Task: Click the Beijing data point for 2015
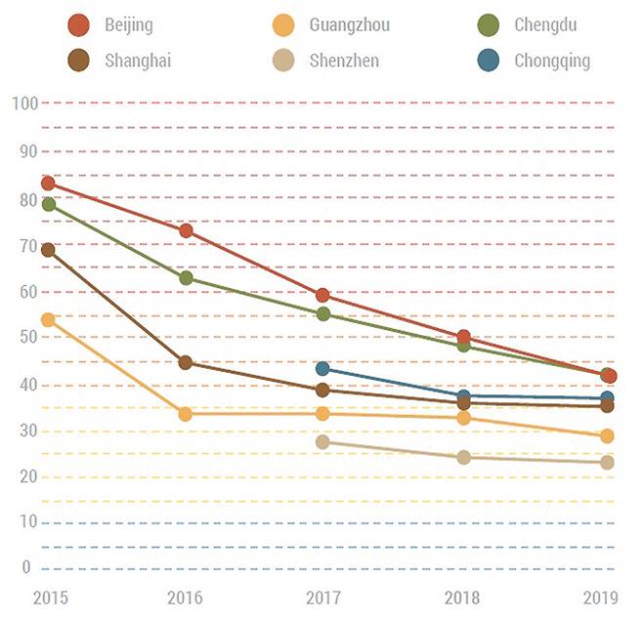[x=48, y=183]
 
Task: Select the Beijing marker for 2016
[x=186, y=230]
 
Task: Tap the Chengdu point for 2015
[x=48, y=204]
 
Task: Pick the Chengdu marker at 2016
[x=186, y=277]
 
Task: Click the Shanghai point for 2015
[x=48, y=250]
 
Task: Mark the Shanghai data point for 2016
[x=186, y=362]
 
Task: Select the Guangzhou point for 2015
[x=48, y=319]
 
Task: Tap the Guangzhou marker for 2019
[x=607, y=435]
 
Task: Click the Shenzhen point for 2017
[x=323, y=441]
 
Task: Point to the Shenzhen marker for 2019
[x=607, y=462]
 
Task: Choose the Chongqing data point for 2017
[x=323, y=368]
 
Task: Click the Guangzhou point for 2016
[x=186, y=414]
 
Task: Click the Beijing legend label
[x=128, y=24]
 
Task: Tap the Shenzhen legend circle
[x=282, y=61]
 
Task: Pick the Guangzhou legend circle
[x=282, y=24]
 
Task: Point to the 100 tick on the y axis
[x=24, y=103]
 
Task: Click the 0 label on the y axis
[x=27, y=568]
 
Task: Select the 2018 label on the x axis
[x=464, y=596]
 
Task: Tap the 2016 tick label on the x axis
[x=186, y=596]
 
